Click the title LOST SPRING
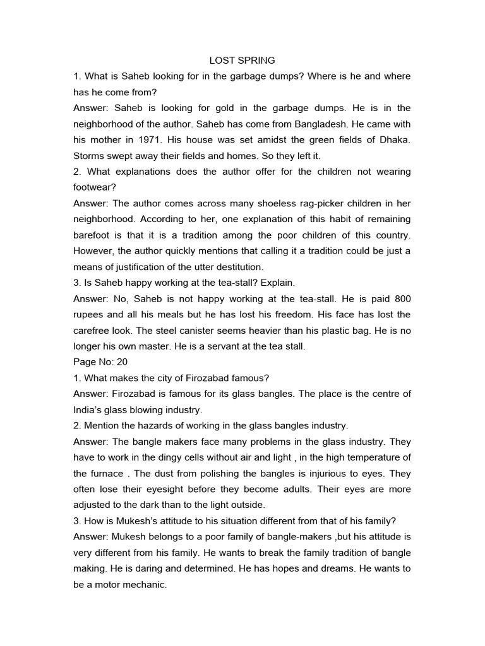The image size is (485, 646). [x=242, y=60]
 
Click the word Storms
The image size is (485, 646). [x=90, y=155]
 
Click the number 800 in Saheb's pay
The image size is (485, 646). [x=402, y=298]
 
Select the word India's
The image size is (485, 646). [x=89, y=409]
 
